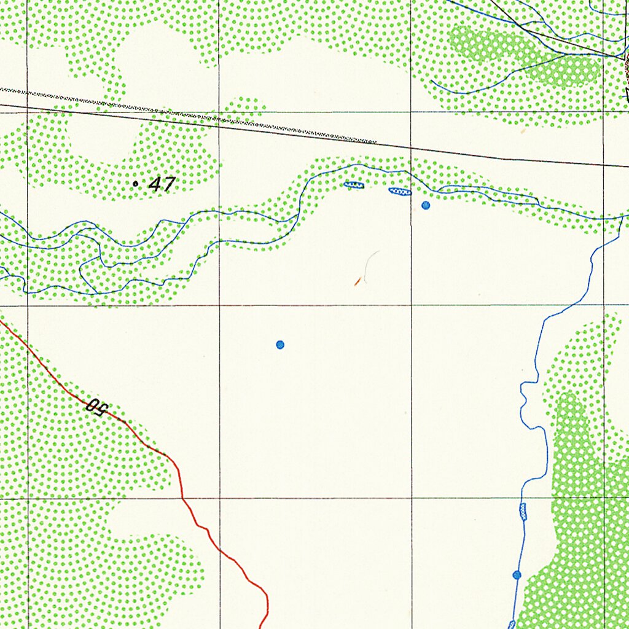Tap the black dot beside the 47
[x=135, y=183]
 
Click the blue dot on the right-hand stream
[x=517, y=574]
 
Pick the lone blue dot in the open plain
[x=280, y=345]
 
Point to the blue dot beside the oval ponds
[x=426, y=205]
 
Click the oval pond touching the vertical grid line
[x=400, y=192]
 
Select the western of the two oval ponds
[x=354, y=184]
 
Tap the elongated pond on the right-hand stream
[x=523, y=511]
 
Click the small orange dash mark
[x=357, y=282]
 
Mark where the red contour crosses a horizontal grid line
[x=182, y=498]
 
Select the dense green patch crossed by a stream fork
[x=528, y=55]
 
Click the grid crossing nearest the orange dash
[x=412, y=305]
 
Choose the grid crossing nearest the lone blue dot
[x=220, y=305]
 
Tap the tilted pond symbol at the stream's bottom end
[x=512, y=624]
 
